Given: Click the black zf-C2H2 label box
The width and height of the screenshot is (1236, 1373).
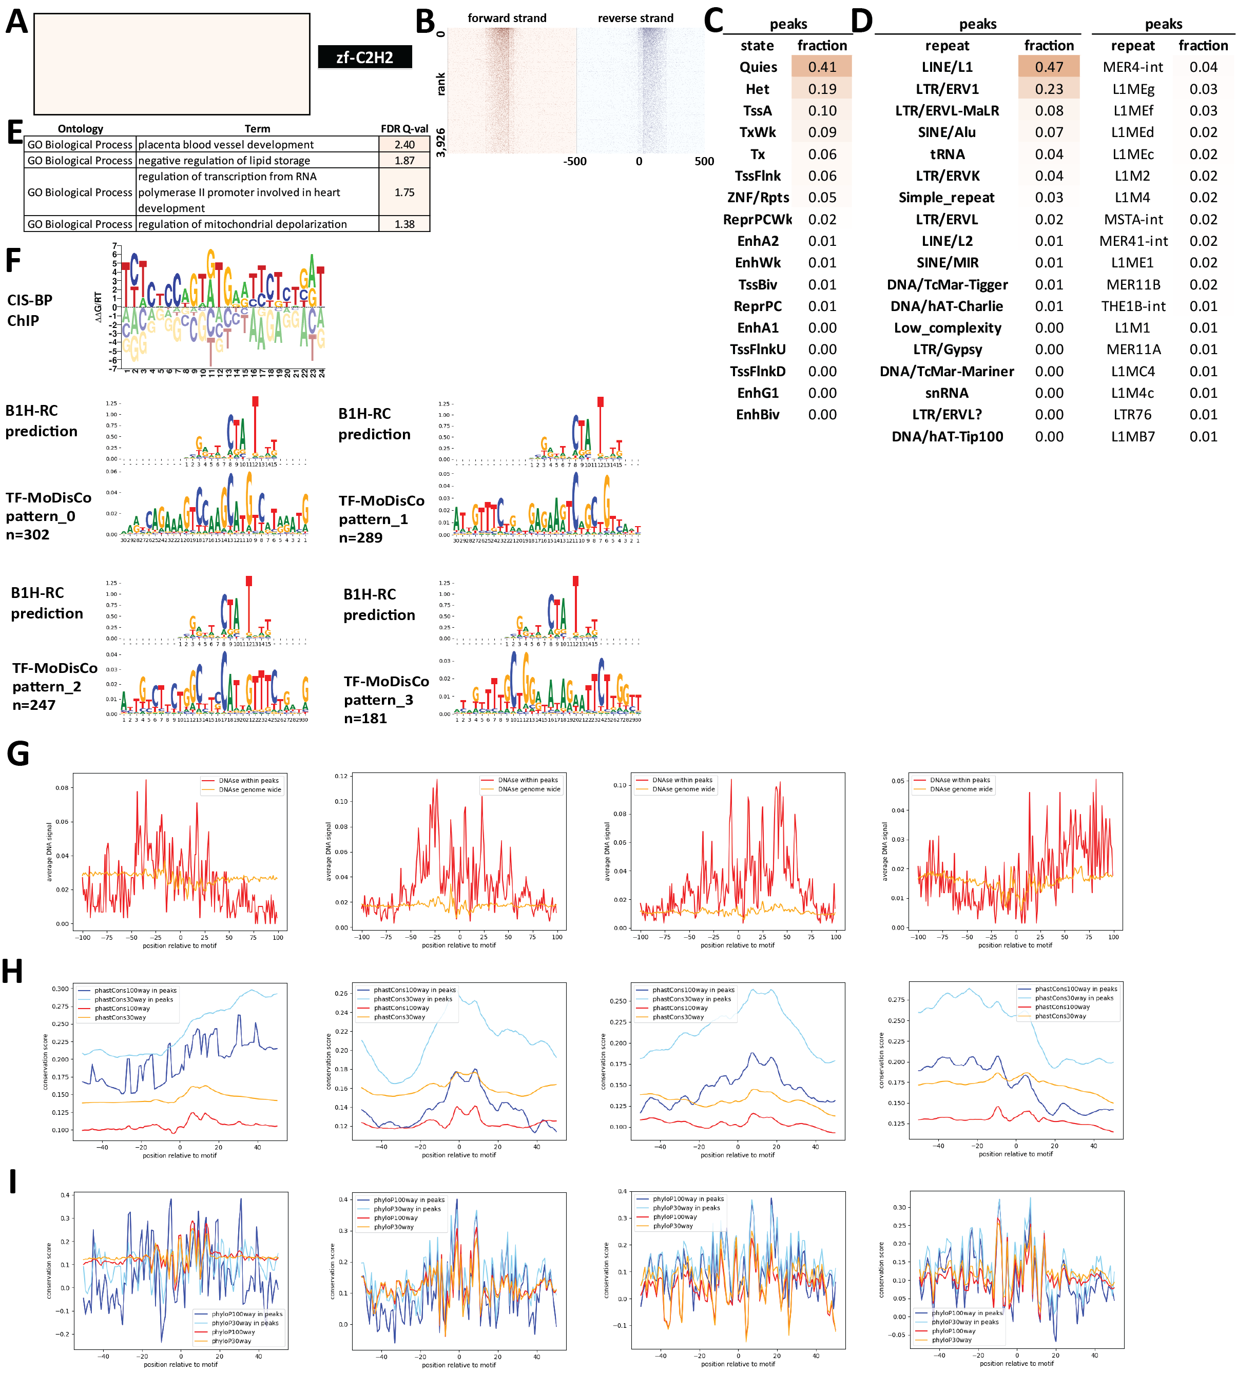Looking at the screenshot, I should pyautogui.click(x=364, y=57).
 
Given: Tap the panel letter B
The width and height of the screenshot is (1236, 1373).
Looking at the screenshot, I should pyautogui.click(x=425, y=21).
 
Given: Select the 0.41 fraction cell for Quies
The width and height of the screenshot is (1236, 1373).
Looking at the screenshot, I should pyautogui.click(x=822, y=67).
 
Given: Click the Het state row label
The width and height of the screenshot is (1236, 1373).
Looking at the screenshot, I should pyautogui.click(x=757, y=89).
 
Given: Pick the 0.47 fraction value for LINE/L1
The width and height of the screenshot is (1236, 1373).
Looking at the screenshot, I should pyautogui.click(x=1049, y=67).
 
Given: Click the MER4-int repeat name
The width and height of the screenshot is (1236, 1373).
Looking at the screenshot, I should pyautogui.click(x=1133, y=67).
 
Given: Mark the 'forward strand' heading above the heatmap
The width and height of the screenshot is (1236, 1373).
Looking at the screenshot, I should pyautogui.click(x=507, y=18).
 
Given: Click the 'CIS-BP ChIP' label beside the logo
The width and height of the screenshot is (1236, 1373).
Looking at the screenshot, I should pyautogui.click(x=30, y=311).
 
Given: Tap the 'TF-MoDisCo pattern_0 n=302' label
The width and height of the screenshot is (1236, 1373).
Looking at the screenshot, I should pyautogui.click(x=48, y=516).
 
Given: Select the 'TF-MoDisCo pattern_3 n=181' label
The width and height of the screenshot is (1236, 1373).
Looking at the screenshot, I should pyautogui.click(x=386, y=700).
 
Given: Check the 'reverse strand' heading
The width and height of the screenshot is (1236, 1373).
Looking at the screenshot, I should pyautogui.click(x=635, y=18).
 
